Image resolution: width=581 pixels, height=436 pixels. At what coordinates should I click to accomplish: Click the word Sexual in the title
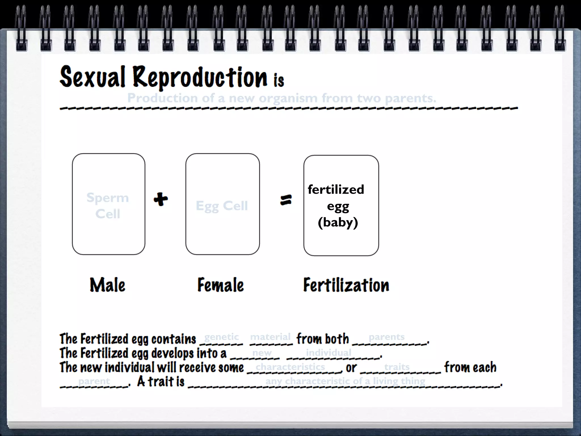92,77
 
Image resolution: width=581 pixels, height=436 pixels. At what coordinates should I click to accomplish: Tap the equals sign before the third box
286,200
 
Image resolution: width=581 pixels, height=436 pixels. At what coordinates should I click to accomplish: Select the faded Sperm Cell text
108,205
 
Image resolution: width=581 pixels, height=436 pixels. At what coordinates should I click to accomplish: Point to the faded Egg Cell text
222,206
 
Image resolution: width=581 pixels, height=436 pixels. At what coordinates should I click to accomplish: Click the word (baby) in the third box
338,222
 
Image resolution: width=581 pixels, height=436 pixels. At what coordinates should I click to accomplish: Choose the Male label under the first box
108,285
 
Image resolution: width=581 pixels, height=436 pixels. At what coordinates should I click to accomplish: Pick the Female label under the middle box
220,285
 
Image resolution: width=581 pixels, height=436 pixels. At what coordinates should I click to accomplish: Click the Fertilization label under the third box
346,285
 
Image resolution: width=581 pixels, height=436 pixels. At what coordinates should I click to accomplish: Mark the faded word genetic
222,337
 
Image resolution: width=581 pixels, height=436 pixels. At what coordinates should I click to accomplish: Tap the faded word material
270,337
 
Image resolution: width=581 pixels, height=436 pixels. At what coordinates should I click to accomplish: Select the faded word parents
386,337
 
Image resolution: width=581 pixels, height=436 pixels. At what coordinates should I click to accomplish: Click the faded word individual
329,353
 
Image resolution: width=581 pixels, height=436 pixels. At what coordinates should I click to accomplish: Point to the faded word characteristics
290,367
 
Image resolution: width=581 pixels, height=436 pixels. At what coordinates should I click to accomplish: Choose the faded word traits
397,367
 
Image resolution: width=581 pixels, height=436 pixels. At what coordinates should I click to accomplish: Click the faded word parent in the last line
94,381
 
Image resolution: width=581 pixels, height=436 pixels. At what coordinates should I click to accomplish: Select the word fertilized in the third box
336,189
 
